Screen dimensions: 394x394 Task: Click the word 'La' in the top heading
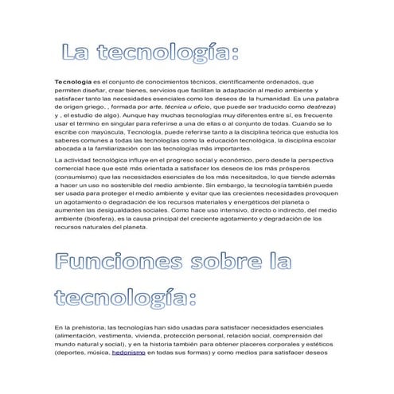80,53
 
